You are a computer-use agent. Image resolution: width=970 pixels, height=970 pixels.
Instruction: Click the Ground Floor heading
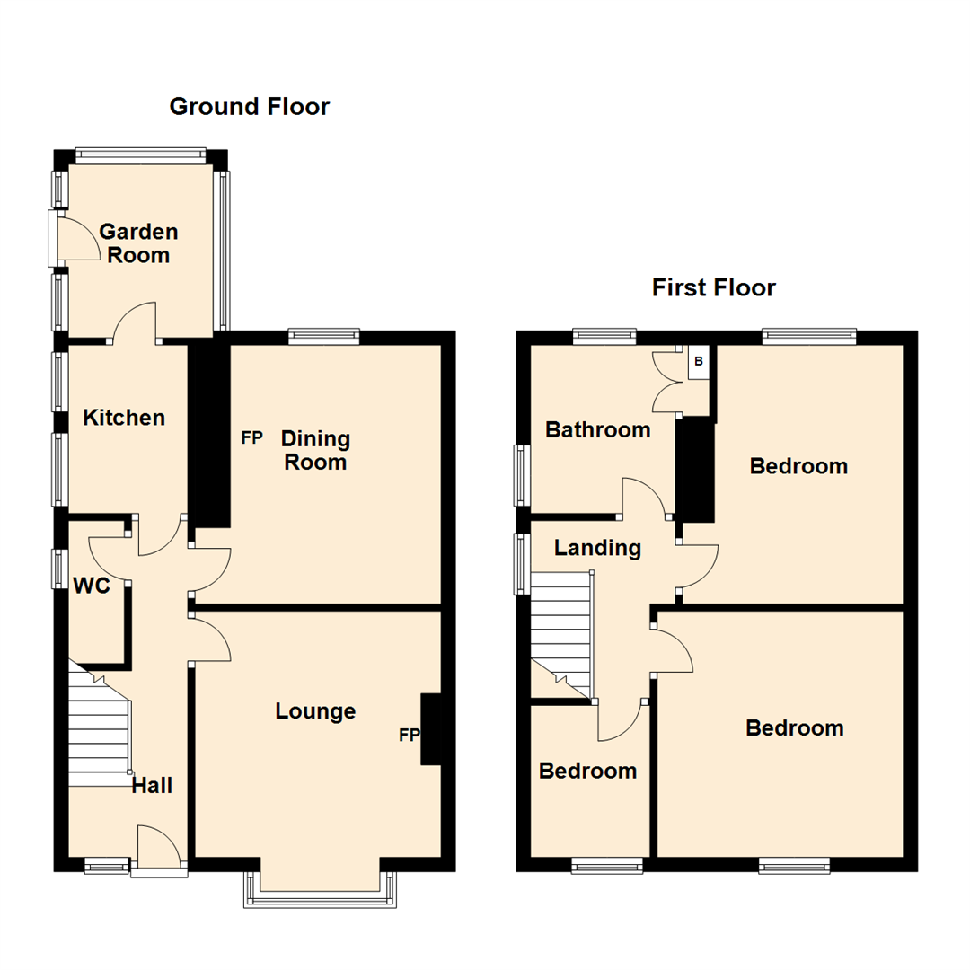click(x=250, y=107)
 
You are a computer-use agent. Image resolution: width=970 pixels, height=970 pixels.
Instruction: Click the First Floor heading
click(x=713, y=287)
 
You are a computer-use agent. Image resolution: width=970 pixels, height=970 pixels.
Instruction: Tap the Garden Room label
click(x=138, y=243)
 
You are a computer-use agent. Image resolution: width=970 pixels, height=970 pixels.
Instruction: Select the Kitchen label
click(x=124, y=418)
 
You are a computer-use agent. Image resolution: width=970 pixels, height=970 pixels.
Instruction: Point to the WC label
click(x=92, y=586)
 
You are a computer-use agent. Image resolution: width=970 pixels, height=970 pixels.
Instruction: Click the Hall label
click(x=152, y=786)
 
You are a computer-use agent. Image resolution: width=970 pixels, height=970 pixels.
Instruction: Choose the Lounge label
click(x=315, y=711)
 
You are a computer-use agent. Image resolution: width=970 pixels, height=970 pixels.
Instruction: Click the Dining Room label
click(x=315, y=451)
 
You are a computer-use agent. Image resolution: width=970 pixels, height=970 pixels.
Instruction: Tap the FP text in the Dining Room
click(x=251, y=438)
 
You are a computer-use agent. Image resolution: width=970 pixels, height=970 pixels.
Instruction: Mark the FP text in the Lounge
click(x=409, y=736)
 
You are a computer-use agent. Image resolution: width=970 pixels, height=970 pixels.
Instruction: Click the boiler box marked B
click(x=699, y=363)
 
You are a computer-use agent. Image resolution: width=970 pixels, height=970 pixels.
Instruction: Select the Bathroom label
click(x=597, y=430)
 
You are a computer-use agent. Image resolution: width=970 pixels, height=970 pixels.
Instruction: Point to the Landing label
click(x=597, y=548)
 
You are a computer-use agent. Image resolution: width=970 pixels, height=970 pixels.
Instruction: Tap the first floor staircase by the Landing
click(x=561, y=629)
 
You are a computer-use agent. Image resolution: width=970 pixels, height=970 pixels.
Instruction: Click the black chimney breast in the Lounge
click(x=431, y=729)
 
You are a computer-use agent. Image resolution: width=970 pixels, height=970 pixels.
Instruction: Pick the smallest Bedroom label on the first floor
click(x=587, y=771)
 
